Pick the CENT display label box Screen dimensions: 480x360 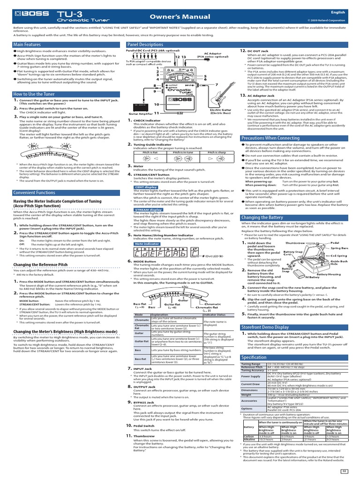pos(145,187)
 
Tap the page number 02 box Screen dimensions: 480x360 pos(344,470)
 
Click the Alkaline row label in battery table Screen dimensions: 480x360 pos(250,440)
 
